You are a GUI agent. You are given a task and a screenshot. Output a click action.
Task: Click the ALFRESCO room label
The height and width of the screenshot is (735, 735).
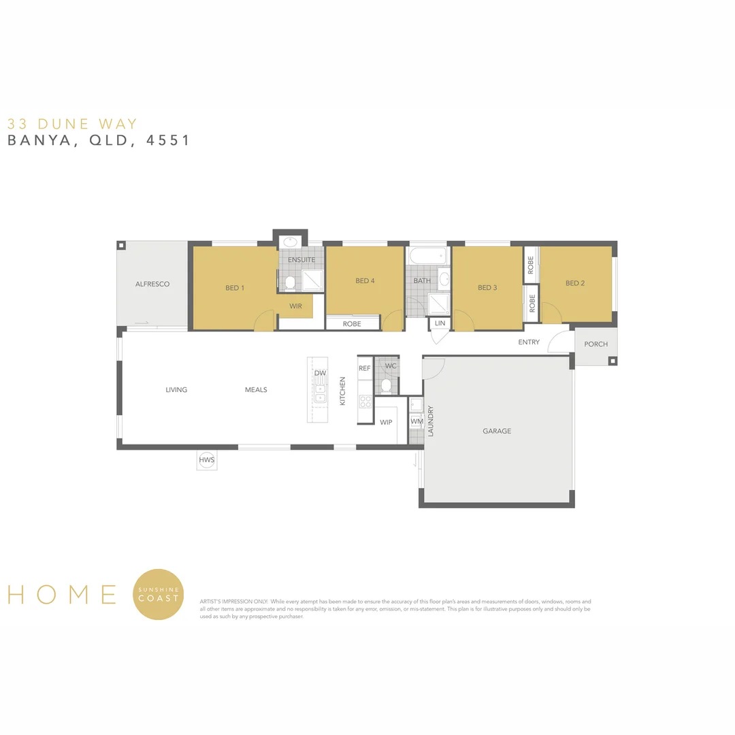tap(152, 284)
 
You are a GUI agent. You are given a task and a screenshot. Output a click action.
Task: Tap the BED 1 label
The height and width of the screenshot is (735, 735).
tap(235, 288)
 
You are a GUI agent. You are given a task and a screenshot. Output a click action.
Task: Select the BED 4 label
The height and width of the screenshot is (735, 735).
tap(365, 280)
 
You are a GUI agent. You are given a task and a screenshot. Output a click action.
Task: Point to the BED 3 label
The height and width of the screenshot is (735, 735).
tap(487, 287)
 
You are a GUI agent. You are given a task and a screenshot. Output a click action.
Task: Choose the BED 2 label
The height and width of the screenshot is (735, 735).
tap(575, 283)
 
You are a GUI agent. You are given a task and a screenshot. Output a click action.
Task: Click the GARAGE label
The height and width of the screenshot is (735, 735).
tap(497, 431)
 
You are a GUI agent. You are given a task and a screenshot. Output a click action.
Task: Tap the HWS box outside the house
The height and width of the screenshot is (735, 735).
tap(207, 461)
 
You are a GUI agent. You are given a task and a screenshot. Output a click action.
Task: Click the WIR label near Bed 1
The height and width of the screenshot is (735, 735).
tap(295, 306)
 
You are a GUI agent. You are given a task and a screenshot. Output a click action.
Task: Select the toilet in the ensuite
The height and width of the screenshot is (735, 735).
tap(289, 281)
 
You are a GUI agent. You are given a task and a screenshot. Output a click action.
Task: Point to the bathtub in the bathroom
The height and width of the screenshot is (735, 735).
tap(427, 257)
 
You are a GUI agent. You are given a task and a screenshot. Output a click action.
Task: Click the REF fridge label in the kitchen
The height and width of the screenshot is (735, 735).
tap(365, 368)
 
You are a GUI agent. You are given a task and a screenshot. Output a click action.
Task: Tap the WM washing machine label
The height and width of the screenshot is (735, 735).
tap(416, 422)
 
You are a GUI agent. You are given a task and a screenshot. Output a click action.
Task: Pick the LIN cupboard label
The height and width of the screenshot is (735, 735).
tap(440, 323)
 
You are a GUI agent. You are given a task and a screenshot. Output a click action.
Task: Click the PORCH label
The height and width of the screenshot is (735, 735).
tap(595, 344)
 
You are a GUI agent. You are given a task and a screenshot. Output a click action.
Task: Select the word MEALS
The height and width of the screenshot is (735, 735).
tap(256, 390)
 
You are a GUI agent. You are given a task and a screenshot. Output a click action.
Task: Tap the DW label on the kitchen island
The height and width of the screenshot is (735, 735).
tap(320, 374)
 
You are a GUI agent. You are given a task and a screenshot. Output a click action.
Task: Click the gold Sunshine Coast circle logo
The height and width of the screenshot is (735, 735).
tap(159, 594)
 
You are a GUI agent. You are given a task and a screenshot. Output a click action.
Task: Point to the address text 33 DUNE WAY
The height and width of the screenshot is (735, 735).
tap(72, 124)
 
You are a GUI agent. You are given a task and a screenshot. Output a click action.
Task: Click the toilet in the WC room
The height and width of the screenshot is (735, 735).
tap(387, 386)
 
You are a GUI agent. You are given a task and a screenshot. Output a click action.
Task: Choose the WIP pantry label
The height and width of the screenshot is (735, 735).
tap(386, 423)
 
